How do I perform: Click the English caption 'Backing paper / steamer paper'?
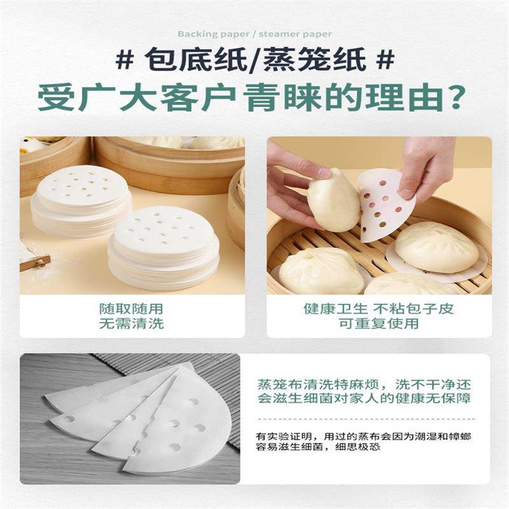[254, 34]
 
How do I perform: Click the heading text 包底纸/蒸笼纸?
[254, 61]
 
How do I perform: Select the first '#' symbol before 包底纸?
[125, 61]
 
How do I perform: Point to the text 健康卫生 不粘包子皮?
[378, 309]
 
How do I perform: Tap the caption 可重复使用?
[378, 324]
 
